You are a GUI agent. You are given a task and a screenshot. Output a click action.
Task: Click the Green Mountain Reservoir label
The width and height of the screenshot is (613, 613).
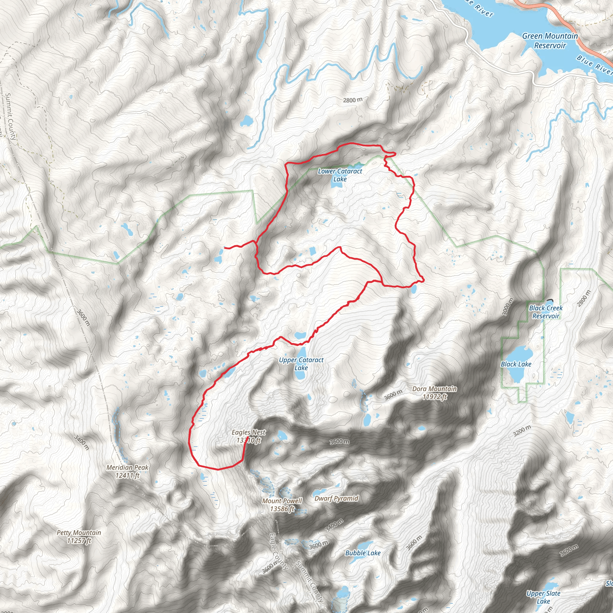pyautogui.click(x=550, y=41)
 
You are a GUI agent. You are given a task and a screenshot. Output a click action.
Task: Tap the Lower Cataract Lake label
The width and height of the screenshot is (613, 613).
pyautogui.click(x=340, y=175)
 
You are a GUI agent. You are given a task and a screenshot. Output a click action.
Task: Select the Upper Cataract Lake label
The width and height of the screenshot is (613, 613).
pyautogui.click(x=301, y=364)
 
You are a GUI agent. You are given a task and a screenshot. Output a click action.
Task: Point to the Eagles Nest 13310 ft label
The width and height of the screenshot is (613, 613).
pyautogui.click(x=248, y=436)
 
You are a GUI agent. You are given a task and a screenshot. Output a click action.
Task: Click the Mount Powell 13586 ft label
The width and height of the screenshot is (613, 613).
pyautogui.click(x=282, y=504)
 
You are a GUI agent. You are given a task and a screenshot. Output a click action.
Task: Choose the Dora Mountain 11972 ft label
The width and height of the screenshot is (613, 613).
pyautogui.click(x=434, y=392)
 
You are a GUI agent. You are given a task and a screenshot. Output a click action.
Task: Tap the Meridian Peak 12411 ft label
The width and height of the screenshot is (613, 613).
pyautogui.click(x=127, y=471)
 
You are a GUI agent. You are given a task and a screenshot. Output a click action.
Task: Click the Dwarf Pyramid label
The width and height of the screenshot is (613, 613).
pyautogui.click(x=336, y=498)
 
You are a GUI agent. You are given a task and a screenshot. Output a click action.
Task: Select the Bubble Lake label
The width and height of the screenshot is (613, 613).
pyautogui.click(x=363, y=553)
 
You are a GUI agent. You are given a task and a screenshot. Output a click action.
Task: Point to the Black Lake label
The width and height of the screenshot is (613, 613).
pyautogui.click(x=516, y=364)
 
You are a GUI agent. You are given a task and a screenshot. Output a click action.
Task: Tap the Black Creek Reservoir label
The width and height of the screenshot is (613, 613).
pyautogui.click(x=546, y=312)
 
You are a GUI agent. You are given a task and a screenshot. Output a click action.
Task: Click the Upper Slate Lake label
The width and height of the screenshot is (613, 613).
pyautogui.click(x=543, y=597)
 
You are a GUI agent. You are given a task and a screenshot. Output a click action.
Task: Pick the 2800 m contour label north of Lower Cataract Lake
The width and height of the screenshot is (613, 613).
pyautogui.click(x=353, y=100)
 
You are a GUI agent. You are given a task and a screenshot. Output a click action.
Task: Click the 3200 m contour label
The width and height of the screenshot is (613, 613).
pyautogui.click(x=522, y=430)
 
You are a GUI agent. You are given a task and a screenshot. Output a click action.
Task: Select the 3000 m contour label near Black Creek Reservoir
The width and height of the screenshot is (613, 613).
pyautogui.click(x=508, y=307)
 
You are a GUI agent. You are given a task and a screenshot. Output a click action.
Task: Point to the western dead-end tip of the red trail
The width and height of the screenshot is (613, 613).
pyautogui.click(x=225, y=248)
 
